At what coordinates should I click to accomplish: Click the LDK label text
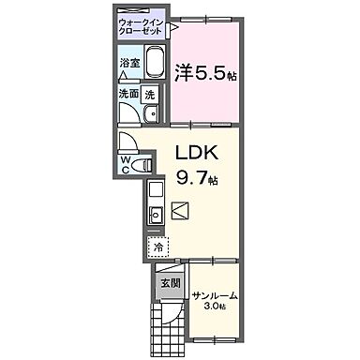point(197,152)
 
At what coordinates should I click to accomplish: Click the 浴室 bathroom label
point(129,63)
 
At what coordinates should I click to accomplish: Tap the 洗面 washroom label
point(128,94)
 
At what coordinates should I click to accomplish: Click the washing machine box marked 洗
point(150,94)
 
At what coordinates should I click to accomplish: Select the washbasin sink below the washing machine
point(149,115)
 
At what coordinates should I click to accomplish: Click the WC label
point(125,165)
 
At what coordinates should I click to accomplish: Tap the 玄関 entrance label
point(169,282)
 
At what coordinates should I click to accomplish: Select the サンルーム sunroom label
point(215,296)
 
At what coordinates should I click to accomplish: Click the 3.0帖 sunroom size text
point(216,307)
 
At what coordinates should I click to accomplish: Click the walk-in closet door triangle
point(173,29)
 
